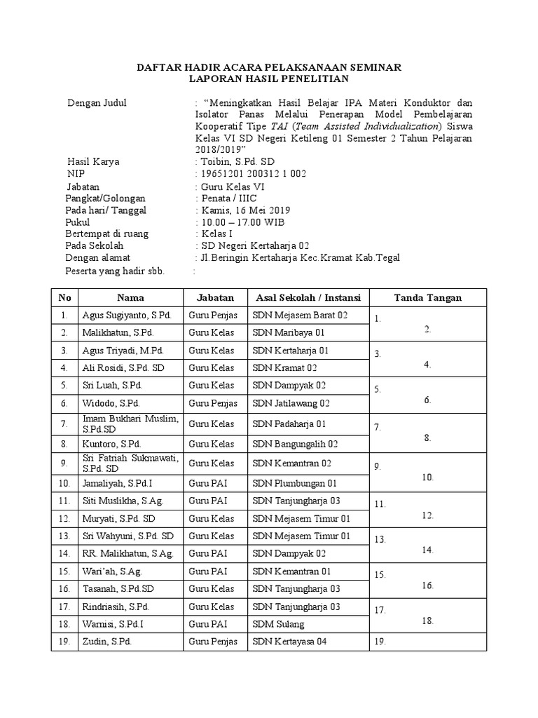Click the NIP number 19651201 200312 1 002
(x=253, y=174)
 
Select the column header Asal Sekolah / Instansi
(x=308, y=297)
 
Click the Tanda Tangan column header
(x=427, y=297)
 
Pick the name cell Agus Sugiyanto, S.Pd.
(x=127, y=316)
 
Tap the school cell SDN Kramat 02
(x=285, y=367)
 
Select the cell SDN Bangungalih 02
(x=296, y=444)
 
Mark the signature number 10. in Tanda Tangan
(x=427, y=477)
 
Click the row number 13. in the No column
(x=64, y=536)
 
